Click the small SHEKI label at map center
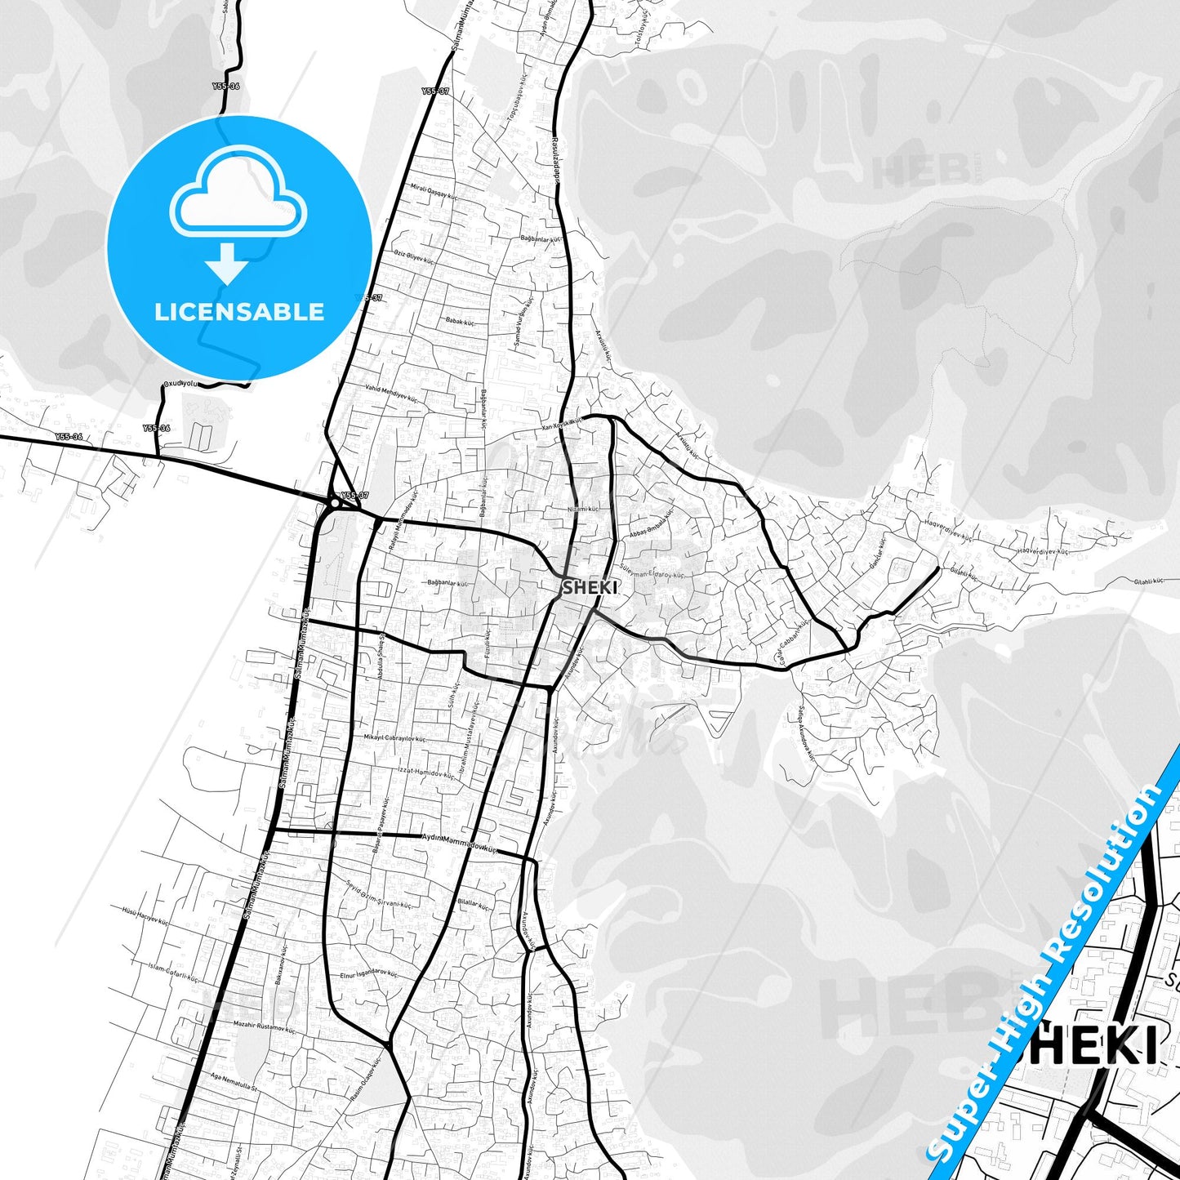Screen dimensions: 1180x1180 (590, 587)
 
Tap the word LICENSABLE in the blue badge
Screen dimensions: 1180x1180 (239, 312)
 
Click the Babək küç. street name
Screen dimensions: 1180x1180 (460, 322)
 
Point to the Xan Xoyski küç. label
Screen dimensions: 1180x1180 (562, 424)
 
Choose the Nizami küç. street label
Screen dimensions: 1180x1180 (583, 509)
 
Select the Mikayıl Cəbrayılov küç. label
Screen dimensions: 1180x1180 (394, 737)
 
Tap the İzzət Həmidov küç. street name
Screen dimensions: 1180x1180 (425, 773)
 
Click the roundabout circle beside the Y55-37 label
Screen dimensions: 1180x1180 (334, 504)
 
